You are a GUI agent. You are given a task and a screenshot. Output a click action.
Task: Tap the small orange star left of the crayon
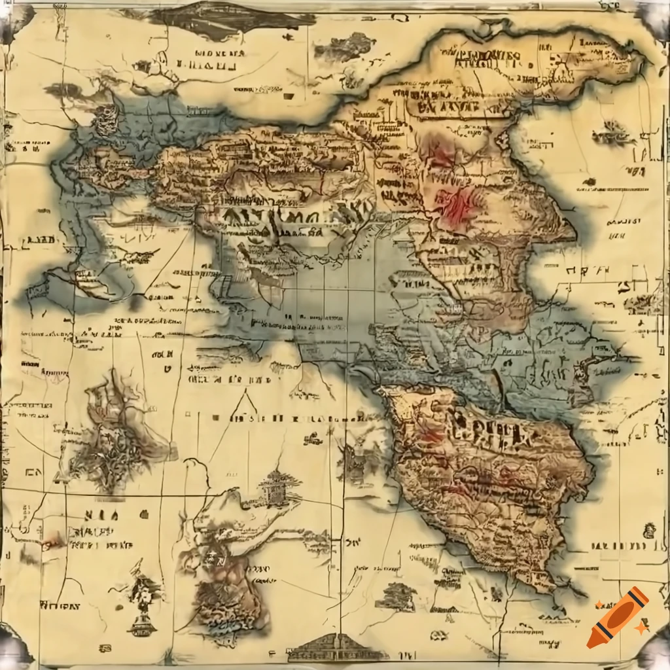598,603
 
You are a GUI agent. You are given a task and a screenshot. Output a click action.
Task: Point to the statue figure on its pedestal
142,605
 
